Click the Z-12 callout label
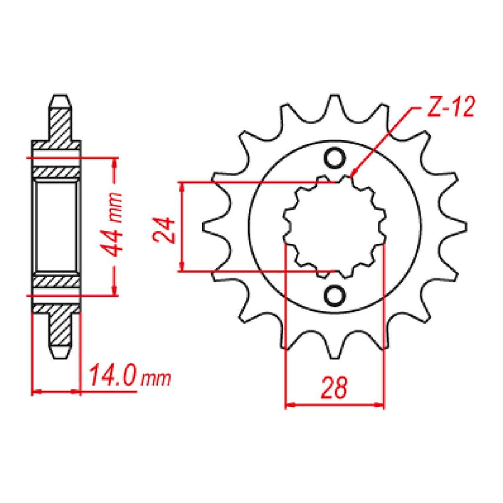449,107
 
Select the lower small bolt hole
334,296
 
